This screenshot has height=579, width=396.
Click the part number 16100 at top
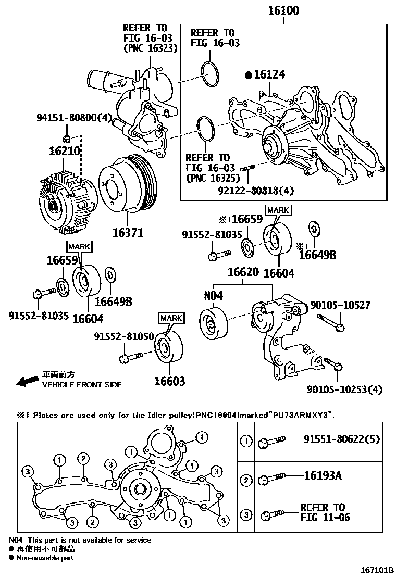tap(284, 10)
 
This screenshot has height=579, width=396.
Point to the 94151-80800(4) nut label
tap(74, 118)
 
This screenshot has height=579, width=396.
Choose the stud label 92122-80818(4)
tap(256, 191)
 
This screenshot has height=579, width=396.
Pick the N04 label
tap(213, 296)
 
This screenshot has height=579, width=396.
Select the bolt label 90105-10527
tap(340, 306)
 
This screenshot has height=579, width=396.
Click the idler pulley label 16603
tap(169, 382)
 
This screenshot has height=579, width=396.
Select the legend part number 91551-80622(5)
tap(342, 439)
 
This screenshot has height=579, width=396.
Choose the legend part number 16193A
tap(323, 476)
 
